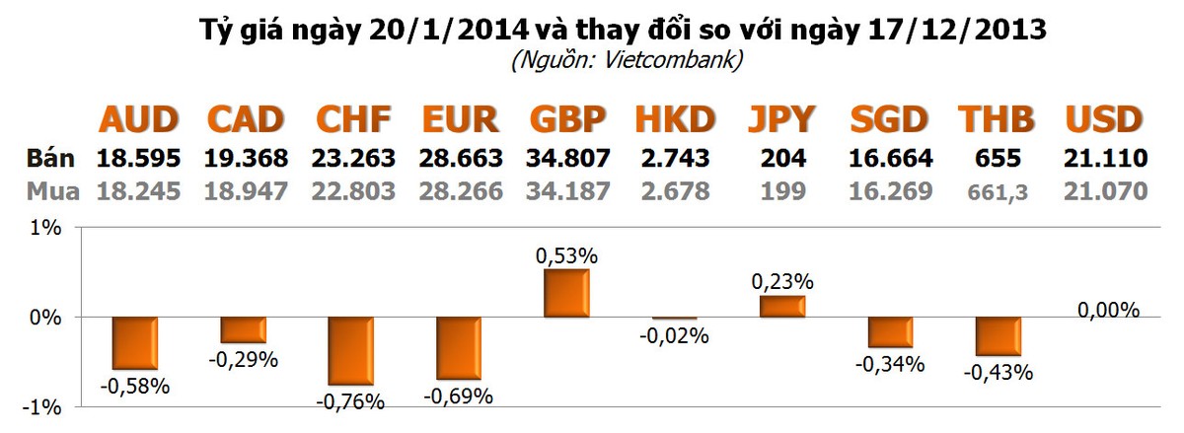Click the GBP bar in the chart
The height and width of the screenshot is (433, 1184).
566,293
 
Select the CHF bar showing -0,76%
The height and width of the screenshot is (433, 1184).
351,350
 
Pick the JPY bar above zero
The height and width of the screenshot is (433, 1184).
781,306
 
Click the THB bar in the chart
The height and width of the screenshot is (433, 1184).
999,336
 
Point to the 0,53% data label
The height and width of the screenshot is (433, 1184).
566,256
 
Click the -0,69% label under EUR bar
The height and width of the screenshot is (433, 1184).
459,397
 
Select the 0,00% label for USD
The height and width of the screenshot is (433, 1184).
1107,310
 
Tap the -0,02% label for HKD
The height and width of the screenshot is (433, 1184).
675,335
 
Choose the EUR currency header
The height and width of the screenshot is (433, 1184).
459,120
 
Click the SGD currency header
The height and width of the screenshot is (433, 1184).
889,120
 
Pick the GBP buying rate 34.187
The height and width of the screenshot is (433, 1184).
566,190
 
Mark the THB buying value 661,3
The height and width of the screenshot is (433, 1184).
998,192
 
